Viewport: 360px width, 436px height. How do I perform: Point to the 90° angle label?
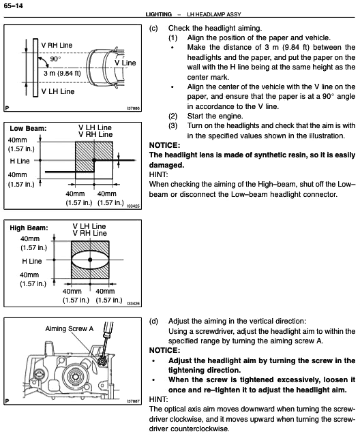click(x=56, y=59)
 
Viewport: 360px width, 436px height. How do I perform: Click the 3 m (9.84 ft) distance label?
click(x=62, y=73)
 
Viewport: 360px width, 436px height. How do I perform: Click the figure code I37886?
click(x=132, y=108)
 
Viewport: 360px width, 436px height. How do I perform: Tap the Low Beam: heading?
click(x=27, y=127)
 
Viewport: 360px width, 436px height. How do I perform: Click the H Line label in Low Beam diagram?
click(x=20, y=161)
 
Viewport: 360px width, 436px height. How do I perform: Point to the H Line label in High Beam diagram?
click(x=32, y=260)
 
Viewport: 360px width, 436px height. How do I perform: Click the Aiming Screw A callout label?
click(x=69, y=329)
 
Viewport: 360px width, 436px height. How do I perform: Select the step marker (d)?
click(x=153, y=320)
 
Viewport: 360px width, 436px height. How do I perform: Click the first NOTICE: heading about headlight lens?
click(x=164, y=145)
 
